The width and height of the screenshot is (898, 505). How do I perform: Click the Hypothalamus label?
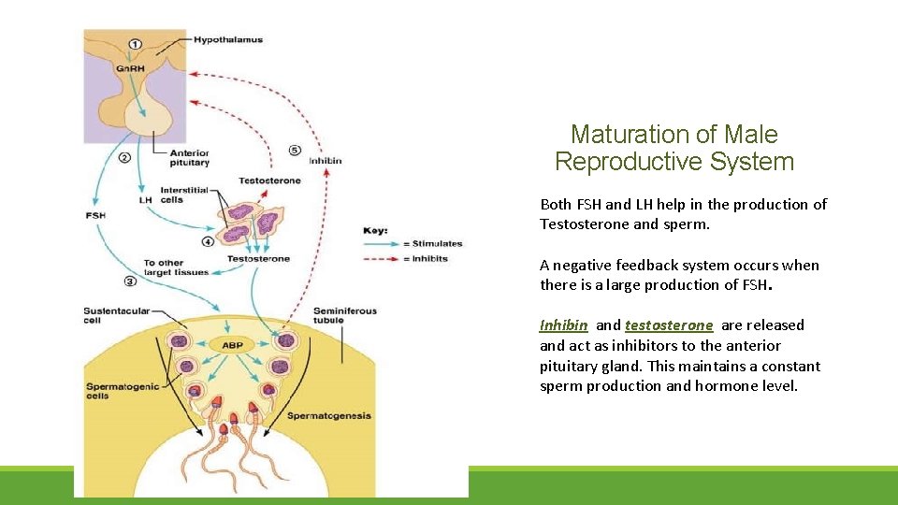coord(228,39)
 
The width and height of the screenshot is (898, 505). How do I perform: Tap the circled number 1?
coord(136,43)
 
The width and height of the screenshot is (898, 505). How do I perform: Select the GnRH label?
coord(129,68)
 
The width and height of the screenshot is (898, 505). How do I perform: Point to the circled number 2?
coord(124,157)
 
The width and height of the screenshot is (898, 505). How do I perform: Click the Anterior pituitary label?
coord(190,157)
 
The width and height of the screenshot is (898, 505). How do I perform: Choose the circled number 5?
coord(295,150)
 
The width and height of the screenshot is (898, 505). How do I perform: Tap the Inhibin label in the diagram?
coord(325,160)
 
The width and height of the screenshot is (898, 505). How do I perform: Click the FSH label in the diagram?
coord(96,216)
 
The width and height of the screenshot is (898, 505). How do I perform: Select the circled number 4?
coord(209,241)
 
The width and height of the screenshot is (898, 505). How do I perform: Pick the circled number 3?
coord(130,280)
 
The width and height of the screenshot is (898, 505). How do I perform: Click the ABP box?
coord(232,345)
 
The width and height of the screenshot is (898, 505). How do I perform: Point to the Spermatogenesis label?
coord(329,415)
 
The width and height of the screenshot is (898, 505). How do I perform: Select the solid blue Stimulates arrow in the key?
coord(380,244)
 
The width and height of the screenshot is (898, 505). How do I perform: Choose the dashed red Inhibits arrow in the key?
coord(380,258)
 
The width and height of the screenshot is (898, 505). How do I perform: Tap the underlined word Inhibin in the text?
coord(563,325)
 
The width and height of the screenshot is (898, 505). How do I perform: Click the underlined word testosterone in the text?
coord(669,325)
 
